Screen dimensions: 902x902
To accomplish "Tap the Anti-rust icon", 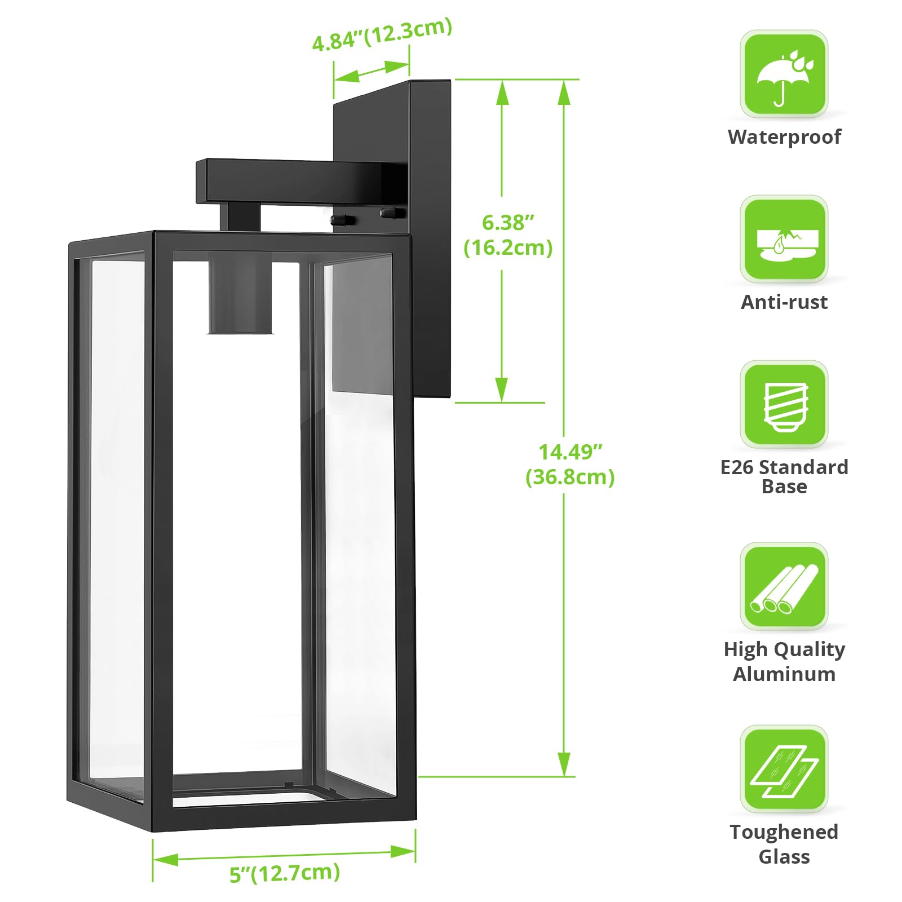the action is point(784,239).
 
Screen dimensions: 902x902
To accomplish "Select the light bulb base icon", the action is point(784,404).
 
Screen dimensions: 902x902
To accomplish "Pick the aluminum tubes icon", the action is point(784,586).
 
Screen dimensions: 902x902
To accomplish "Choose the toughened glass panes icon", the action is point(784,769).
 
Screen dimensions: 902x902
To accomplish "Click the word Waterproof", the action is point(784,137).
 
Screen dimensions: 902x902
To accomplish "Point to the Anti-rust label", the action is point(784,302).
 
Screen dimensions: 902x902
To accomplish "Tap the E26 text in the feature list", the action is point(736,467).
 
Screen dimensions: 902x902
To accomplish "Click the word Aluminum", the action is point(784,674).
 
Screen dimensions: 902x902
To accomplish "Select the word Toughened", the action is point(784,832).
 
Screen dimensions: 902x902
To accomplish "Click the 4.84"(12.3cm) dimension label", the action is point(382,34).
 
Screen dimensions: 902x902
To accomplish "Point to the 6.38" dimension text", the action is point(508,223).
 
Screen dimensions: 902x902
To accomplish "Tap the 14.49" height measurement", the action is point(571,452).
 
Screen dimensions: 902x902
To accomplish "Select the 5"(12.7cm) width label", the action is point(285,873).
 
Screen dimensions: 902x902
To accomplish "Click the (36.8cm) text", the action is point(570,477).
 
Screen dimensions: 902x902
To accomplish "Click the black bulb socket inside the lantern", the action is point(240,293).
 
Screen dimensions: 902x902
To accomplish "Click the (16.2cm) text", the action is point(508,247).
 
